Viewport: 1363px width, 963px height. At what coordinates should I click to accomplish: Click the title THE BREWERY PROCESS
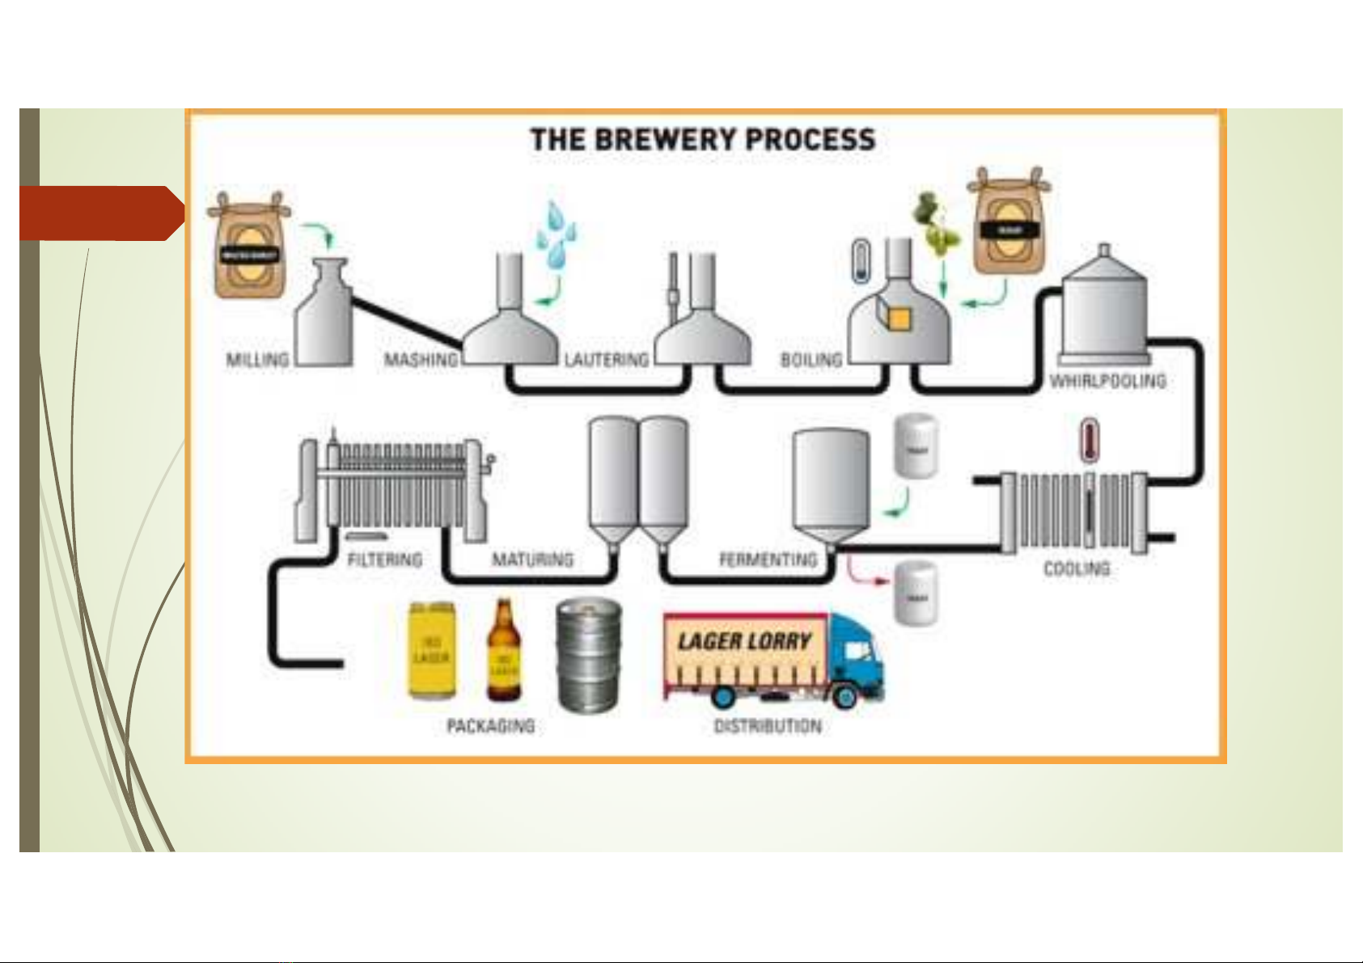pyautogui.click(x=703, y=139)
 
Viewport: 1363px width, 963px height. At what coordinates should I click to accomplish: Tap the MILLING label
pyautogui.click(x=257, y=360)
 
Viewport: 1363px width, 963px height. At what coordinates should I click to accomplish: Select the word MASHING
pyautogui.click(x=421, y=360)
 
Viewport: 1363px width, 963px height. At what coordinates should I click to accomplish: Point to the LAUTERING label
pyautogui.click(x=607, y=360)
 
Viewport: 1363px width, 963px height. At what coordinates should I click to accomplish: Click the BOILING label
pyautogui.click(x=811, y=360)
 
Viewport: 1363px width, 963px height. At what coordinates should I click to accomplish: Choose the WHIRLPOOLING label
pyautogui.click(x=1107, y=381)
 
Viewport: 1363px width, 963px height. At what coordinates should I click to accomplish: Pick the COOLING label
pyautogui.click(x=1077, y=569)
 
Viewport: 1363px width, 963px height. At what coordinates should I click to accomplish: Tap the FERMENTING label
pyautogui.click(x=768, y=560)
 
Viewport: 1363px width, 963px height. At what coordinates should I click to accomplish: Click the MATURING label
pyautogui.click(x=532, y=560)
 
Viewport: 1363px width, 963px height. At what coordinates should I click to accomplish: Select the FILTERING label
pyautogui.click(x=384, y=560)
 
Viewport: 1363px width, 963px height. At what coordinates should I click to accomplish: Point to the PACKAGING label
pyautogui.click(x=490, y=726)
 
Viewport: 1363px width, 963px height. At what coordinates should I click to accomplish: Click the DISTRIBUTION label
pyautogui.click(x=767, y=726)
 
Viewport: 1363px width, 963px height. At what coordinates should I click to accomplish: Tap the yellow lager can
pyautogui.click(x=431, y=650)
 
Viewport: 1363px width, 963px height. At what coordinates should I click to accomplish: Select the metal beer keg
pyautogui.click(x=589, y=655)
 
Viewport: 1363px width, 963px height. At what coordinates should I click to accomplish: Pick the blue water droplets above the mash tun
pyautogui.click(x=556, y=234)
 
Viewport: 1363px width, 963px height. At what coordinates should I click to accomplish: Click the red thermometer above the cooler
pyautogui.click(x=1090, y=441)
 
